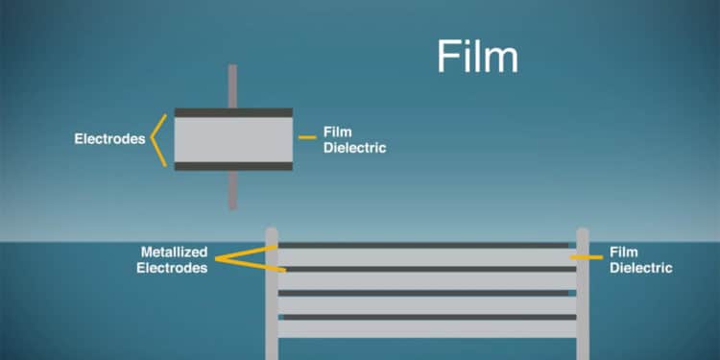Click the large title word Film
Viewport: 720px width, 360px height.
477,57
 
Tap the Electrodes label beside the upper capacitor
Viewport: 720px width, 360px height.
109,139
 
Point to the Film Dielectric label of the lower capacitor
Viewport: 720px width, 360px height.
641,260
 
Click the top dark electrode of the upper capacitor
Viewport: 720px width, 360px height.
233,112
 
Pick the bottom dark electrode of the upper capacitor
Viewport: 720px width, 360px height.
233,166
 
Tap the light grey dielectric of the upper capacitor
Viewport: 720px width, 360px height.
233,139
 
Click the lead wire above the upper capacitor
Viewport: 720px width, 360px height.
232,86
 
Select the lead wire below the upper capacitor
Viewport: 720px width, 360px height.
232,189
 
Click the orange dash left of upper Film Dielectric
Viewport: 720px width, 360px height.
307,137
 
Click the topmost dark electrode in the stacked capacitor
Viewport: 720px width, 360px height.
423,246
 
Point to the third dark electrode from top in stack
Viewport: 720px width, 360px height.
423,293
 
